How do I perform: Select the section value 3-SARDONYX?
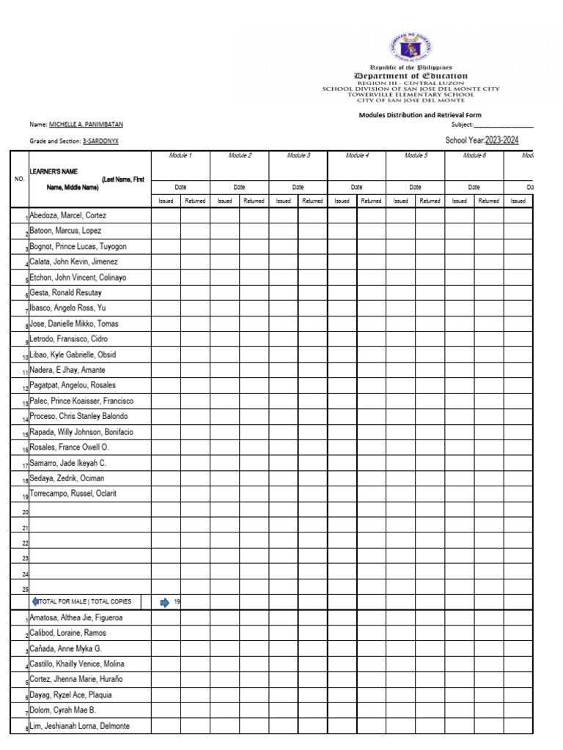coord(100,141)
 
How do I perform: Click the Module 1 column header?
coord(180,155)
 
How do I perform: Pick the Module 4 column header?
coord(356,155)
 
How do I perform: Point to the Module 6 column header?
coord(474,155)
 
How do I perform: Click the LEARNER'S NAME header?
coord(54,171)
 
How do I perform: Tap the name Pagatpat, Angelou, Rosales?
coord(73,385)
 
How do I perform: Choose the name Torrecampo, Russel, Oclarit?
coord(73,494)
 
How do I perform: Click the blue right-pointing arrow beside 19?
coord(164,602)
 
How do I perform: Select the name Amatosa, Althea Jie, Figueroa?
coord(76,618)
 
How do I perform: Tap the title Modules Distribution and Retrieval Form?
coord(419,115)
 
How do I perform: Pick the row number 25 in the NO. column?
coord(25,589)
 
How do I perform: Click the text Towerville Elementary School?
coord(411,94)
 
